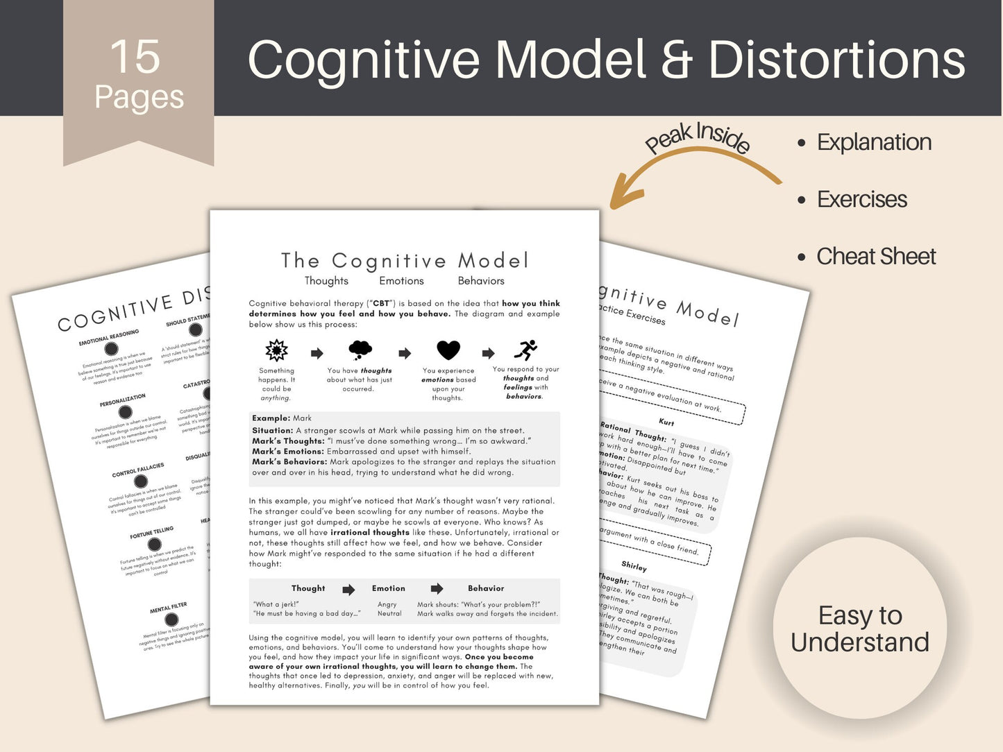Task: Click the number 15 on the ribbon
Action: coord(135,57)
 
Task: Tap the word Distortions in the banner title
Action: coord(836,60)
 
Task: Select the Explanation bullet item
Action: coord(873,142)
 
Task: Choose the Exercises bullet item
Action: coord(861,200)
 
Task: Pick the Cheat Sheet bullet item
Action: coord(875,257)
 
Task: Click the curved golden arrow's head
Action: coord(621,197)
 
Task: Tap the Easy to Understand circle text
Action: coord(859,629)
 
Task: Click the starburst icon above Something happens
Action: coord(276,350)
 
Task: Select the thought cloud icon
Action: coord(360,350)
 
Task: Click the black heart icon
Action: coord(448,350)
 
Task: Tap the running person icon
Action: coord(525,350)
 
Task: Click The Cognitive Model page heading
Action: coord(405,261)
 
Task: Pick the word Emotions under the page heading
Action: coord(401,281)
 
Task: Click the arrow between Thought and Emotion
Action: coord(348,590)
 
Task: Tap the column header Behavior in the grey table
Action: coord(486,588)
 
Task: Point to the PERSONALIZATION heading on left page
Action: coord(122,400)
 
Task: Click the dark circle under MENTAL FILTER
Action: coord(171,619)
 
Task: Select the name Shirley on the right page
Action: coord(634,566)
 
